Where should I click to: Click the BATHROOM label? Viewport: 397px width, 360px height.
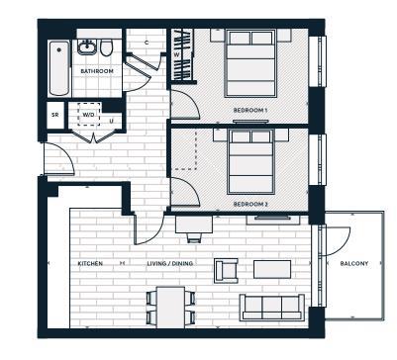tap(95, 72)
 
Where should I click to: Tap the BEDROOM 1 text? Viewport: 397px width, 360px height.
tap(250, 109)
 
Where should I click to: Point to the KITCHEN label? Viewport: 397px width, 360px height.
tap(91, 264)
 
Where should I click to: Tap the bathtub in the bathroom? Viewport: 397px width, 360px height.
tap(58, 67)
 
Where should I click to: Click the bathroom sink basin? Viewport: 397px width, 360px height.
tap(88, 46)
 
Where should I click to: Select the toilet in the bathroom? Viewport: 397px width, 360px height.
tap(107, 47)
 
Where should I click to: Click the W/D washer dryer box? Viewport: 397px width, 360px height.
tap(89, 114)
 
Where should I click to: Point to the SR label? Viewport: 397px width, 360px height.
tap(55, 115)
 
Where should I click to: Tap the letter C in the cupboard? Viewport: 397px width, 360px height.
tap(146, 42)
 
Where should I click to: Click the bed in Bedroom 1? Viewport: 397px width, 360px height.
tap(249, 63)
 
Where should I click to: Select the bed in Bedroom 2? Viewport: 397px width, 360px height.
tap(250, 161)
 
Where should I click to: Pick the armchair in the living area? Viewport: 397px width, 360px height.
tap(227, 269)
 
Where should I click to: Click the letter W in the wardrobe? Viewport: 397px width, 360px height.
tap(176, 55)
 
